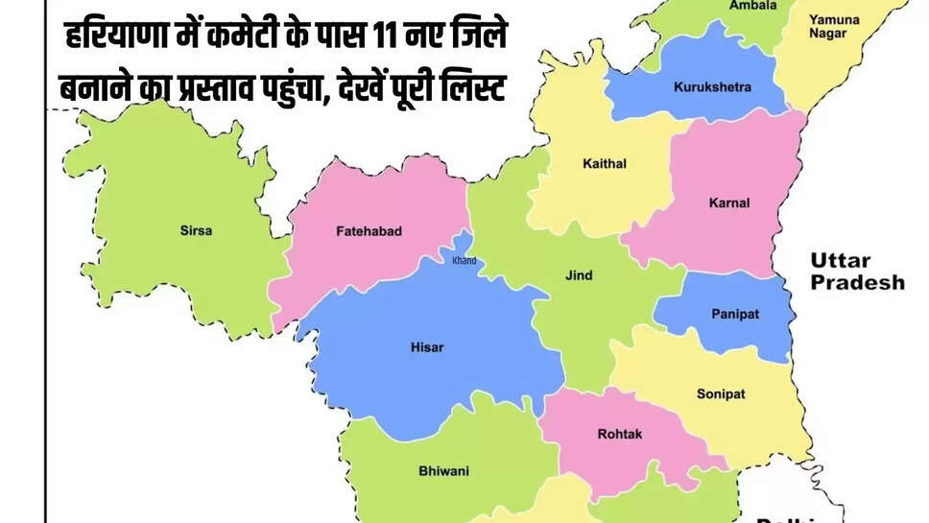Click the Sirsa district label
196,230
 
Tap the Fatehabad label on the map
369,231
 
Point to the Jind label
579,275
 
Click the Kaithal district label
604,164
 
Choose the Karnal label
729,202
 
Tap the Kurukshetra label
712,87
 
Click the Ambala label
727,5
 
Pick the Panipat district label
734,314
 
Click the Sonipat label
721,394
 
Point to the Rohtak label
620,434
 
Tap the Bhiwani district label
443,471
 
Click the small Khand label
464,261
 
